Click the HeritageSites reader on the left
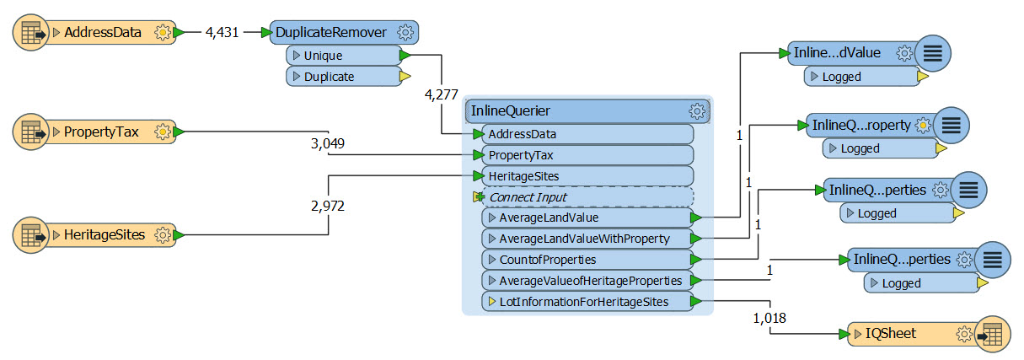(105, 234)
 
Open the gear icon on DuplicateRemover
(405, 33)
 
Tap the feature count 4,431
(222, 33)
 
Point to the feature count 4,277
(442, 94)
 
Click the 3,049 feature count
(328, 143)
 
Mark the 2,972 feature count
(327, 205)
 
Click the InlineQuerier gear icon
(696, 110)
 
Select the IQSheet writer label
(890, 334)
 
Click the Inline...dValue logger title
(837, 53)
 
